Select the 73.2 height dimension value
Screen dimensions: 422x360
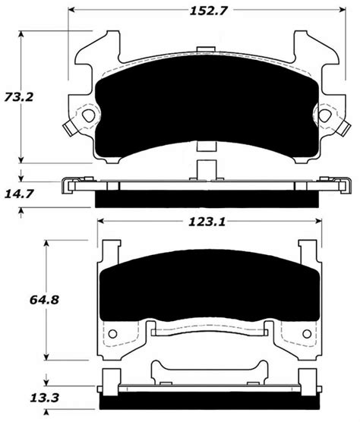click(29, 97)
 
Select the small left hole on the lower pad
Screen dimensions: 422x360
click(113, 332)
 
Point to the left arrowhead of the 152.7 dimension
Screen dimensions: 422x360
click(74, 11)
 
